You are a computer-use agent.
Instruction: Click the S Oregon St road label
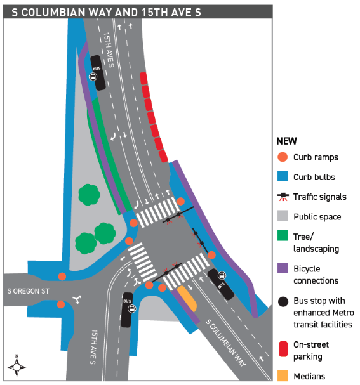click(x=29, y=291)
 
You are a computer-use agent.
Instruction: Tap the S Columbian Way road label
click(x=226, y=343)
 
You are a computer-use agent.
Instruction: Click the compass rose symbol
click(x=17, y=365)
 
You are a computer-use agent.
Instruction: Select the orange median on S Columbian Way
click(x=187, y=298)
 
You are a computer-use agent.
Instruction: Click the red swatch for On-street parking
click(x=283, y=349)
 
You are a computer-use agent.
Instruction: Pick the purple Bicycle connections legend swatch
click(x=283, y=268)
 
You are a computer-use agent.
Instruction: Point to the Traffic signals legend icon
click(x=283, y=197)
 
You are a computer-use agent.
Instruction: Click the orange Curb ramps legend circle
click(x=283, y=157)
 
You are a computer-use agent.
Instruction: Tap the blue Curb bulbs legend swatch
click(x=283, y=176)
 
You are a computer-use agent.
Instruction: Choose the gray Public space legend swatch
click(x=283, y=216)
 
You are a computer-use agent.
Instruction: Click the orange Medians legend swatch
click(x=283, y=375)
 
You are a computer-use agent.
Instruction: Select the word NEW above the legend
click(x=286, y=141)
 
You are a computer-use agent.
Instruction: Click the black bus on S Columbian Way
click(x=221, y=284)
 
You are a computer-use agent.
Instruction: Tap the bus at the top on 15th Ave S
click(x=98, y=73)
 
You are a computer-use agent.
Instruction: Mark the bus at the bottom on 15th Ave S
click(x=128, y=310)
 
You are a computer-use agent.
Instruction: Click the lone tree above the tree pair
click(x=89, y=195)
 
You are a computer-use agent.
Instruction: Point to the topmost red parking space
click(x=143, y=78)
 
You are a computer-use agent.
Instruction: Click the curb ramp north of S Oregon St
click(x=62, y=277)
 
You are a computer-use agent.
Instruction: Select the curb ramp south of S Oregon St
click(x=61, y=304)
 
